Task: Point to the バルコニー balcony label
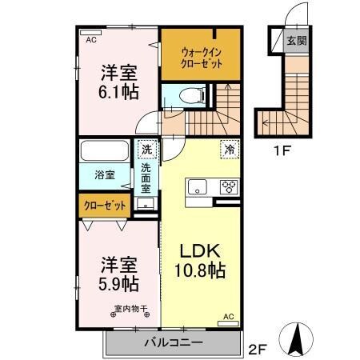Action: (x=173, y=343)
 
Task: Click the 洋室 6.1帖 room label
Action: (x=118, y=81)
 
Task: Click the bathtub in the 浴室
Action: (x=104, y=151)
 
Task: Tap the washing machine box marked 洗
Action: (x=146, y=150)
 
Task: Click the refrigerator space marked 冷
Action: (x=228, y=148)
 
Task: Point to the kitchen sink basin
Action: (x=198, y=188)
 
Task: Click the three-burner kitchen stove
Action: (x=228, y=188)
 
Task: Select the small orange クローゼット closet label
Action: (x=106, y=206)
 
